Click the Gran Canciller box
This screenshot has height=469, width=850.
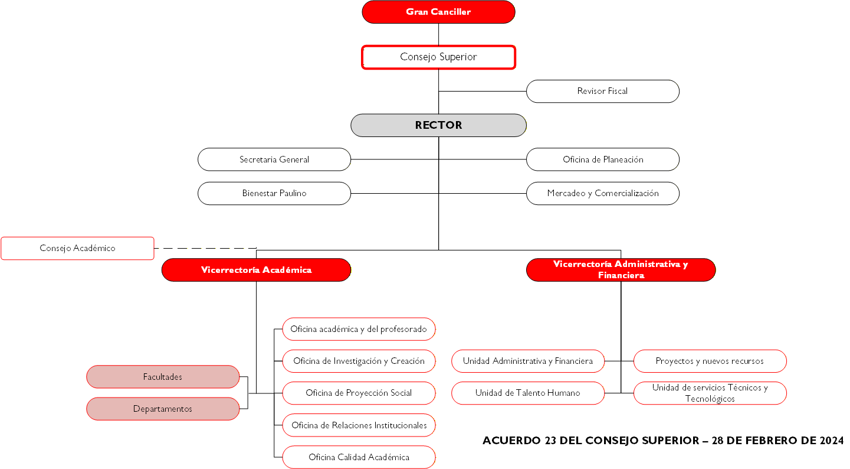[438, 12]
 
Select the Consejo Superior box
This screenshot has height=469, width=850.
[438, 57]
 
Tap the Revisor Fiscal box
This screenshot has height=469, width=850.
[602, 92]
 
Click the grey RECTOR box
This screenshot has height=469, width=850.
[438, 125]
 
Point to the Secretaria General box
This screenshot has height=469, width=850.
[274, 159]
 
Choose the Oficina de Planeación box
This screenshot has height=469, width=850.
[602, 159]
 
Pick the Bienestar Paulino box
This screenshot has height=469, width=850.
[274, 193]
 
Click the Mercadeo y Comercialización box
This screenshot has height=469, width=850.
[602, 193]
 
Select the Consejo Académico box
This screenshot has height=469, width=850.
[77, 248]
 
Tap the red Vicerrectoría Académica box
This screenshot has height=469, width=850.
[256, 270]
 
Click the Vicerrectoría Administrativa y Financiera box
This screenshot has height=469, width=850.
[621, 270]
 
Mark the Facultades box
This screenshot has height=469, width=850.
[163, 377]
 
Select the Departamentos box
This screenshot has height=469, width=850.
[163, 409]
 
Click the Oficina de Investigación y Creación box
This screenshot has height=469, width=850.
[359, 361]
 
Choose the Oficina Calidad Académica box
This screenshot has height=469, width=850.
[359, 457]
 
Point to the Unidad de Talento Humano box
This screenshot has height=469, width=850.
[528, 393]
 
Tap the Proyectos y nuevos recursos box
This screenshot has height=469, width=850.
[710, 361]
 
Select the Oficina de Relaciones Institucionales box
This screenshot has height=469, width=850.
[359, 425]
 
